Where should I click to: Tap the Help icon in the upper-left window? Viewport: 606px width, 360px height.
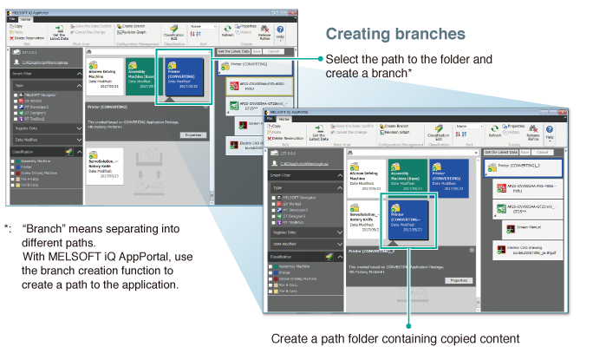(x=279, y=32)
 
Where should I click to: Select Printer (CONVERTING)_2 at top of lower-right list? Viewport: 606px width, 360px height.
(x=527, y=165)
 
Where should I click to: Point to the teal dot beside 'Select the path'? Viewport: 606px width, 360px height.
(x=320, y=59)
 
